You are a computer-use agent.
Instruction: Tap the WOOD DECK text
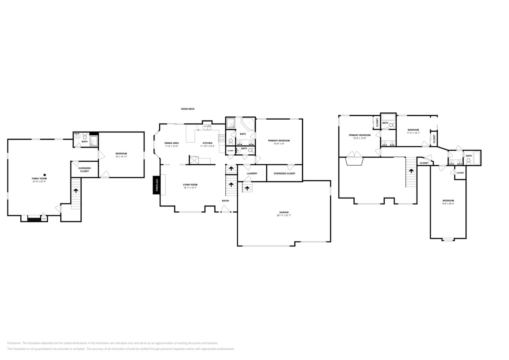[x=188, y=109]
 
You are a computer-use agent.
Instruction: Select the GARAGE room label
[x=284, y=212]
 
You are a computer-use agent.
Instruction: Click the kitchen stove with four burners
[x=222, y=138]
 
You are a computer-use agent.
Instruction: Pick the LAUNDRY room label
[x=252, y=174]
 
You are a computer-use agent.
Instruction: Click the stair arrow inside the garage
[x=247, y=188]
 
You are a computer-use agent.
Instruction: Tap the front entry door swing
[x=225, y=209]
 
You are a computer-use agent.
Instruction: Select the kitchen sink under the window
[x=207, y=128]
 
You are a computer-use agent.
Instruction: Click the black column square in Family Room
[x=45, y=175]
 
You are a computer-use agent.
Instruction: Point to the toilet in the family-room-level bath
[x=85, y=136]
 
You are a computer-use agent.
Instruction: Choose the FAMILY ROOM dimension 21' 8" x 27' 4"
[x=39, y=182]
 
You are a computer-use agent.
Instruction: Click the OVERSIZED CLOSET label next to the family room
[x=84, y=170]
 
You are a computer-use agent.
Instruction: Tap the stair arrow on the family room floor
[x=76, y=191]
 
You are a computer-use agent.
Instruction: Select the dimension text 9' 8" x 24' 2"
[x=448, y=204]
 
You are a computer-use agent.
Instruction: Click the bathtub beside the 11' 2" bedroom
[x=388, y=117]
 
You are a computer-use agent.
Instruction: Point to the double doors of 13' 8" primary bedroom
[x=355, y=154]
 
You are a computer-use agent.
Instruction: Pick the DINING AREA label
[x=171, y=143]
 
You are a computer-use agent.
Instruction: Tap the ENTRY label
[x=226, y=200]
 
